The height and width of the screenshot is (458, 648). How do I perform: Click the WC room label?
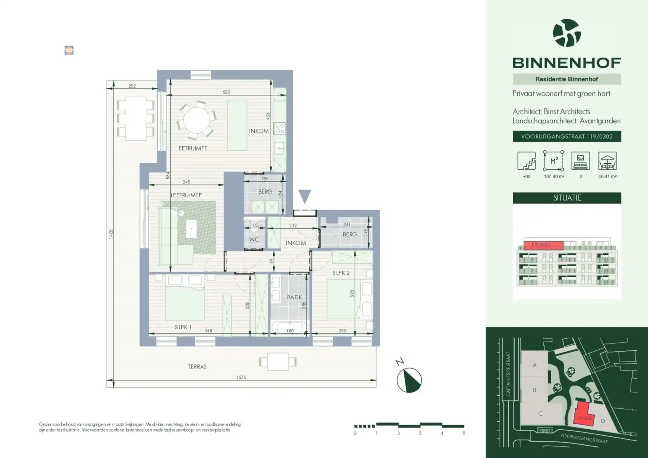[x=254, y=240]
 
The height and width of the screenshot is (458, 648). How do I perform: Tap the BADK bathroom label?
[x=294, y=297]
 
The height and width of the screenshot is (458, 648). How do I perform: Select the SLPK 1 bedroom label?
[x=183, y=327]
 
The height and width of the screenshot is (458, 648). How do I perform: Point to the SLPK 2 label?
[x=341, y=273]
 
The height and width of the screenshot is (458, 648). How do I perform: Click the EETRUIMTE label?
[x=193, y=148]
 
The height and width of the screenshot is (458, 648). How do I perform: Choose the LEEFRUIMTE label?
[x=186, y=195]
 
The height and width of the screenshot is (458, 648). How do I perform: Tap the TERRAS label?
[x=197, y=366]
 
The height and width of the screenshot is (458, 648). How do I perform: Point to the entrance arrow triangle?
[x=305, y=196]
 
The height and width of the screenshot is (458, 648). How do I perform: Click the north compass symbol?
[x=409, y=380]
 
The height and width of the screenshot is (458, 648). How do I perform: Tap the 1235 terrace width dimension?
[x=241, y=377]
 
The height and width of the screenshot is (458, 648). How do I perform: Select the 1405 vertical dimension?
[x=111, y=234]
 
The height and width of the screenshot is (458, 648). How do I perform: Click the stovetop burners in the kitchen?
[x=280, y=128]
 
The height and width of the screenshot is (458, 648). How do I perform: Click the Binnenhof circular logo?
[x=566, y=33]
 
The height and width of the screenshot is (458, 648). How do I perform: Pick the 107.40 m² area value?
[x=554, y=176]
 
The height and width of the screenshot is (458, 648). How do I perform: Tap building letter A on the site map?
[x=534, y=365]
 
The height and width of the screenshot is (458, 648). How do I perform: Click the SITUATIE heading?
[x=567, y=198]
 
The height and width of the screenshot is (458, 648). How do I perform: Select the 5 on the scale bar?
[x=464, y=433]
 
